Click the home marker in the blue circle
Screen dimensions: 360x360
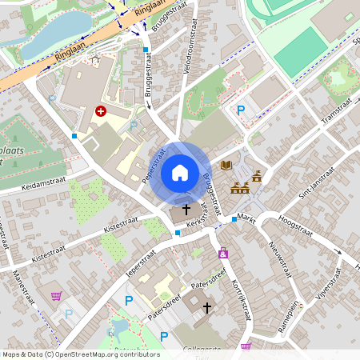[180, 172]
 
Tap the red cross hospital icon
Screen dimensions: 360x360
[101, 111]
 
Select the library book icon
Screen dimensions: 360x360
[226, 166]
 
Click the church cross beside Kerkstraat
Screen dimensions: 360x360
[187, 210]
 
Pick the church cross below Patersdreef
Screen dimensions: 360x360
[207, 307]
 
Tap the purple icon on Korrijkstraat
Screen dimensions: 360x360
[223, 254]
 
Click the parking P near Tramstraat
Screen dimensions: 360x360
[240, 110]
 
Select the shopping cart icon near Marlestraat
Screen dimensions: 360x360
[56, 296]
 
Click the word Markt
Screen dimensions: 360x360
[246, 218]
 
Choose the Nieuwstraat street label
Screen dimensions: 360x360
[279, 259]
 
